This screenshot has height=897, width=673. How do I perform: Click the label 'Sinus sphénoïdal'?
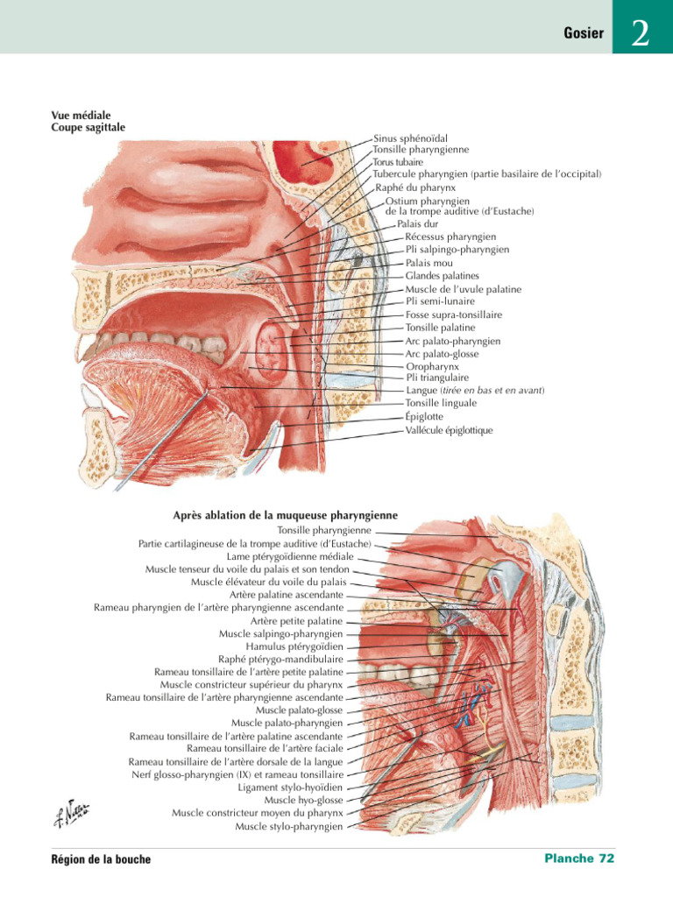coord(410,138)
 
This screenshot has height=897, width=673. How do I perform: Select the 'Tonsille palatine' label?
coord(440,328)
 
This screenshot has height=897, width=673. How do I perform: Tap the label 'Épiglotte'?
coord(426,417)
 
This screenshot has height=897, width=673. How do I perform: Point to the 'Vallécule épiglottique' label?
coord(449,431)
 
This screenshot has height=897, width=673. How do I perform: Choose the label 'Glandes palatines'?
coord(442,276)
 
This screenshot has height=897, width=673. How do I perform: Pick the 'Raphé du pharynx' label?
coord(415,187)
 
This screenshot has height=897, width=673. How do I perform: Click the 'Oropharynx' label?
coord(432,367)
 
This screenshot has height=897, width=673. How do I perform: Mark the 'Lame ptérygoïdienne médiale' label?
coord(290,556)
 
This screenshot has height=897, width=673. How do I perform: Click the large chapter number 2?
coord(641,34)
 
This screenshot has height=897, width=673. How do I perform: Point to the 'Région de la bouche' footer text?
coord(101,859)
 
